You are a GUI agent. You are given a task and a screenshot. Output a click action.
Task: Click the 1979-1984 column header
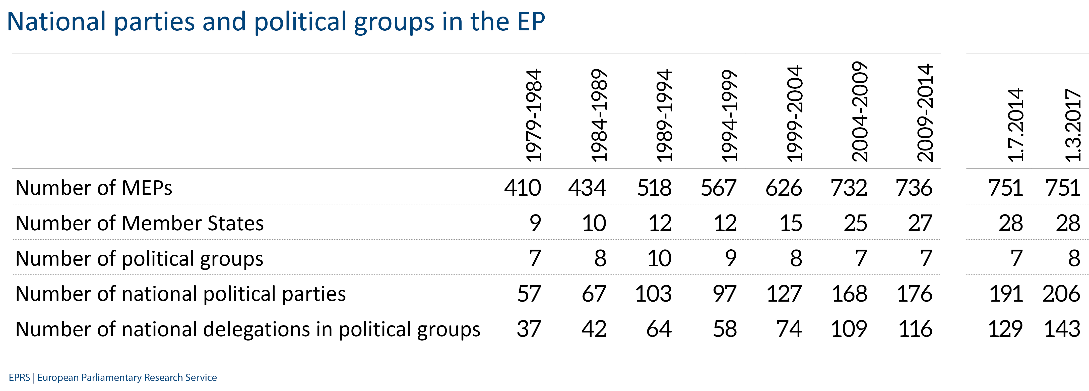(534, 115)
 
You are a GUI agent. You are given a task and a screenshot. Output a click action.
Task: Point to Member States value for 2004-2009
(855, 224)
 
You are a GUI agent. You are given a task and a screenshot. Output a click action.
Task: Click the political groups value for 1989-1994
(659, 259)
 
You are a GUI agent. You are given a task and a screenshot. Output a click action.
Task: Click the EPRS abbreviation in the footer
(19, 377)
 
